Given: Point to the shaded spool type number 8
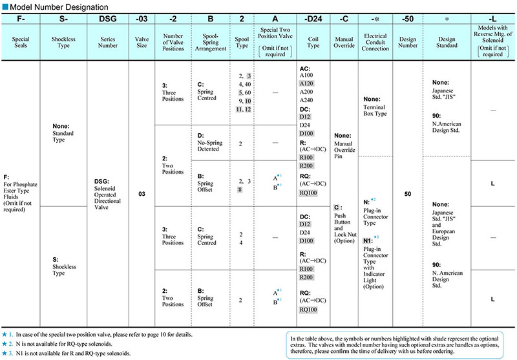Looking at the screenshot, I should pos(240,191).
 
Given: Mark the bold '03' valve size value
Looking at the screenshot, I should pos(141,193).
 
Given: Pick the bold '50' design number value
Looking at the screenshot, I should pos(408,193).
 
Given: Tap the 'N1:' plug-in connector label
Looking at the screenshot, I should pos(366,239).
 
